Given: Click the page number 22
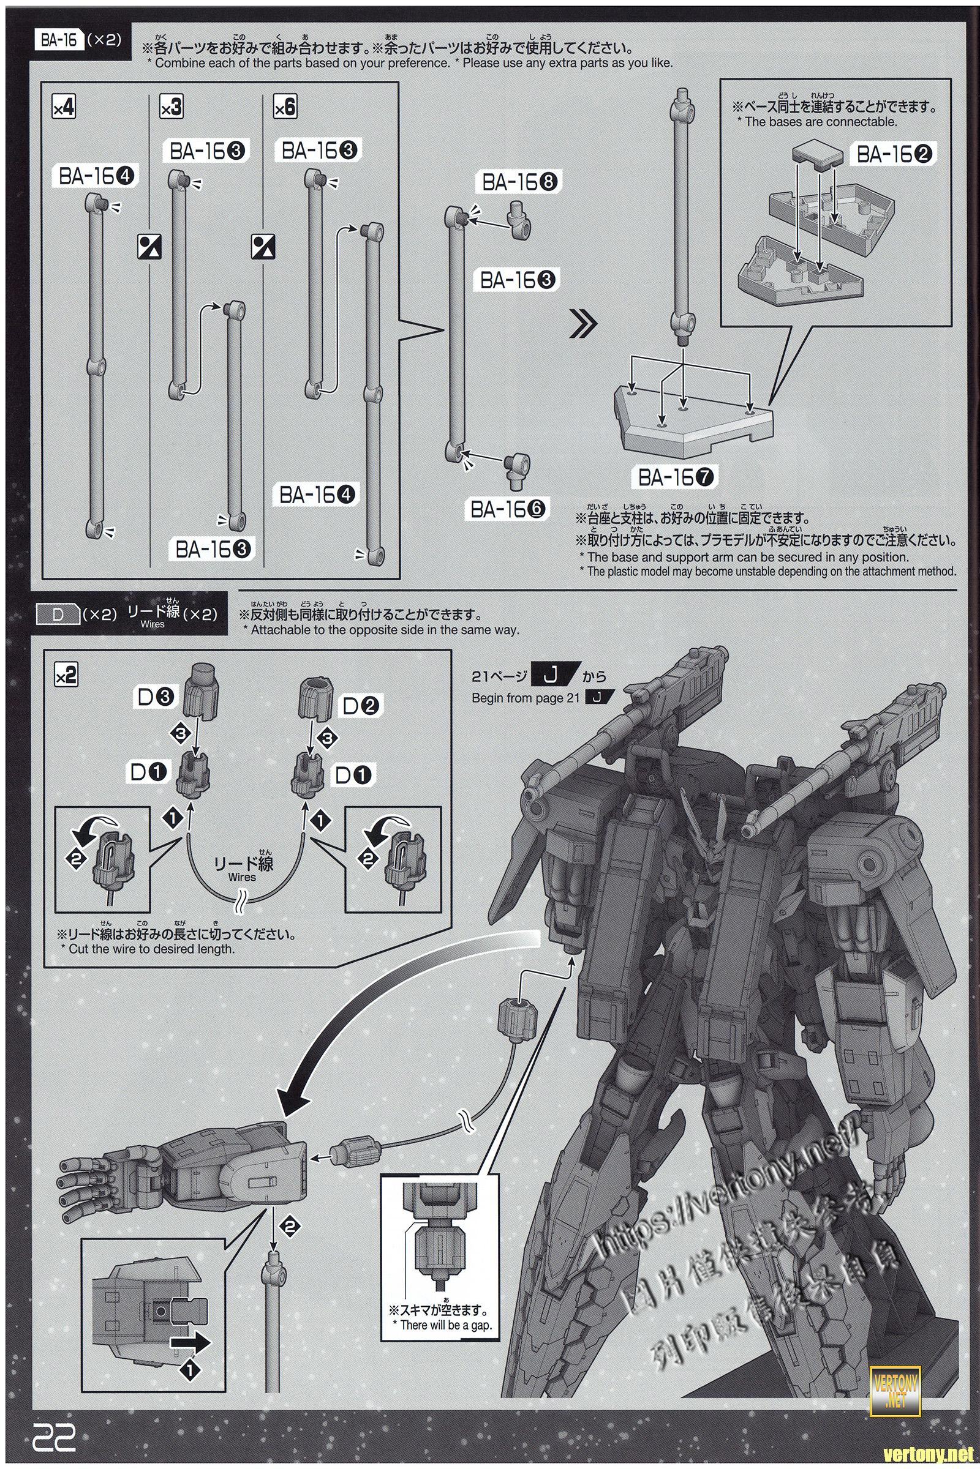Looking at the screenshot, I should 55,1425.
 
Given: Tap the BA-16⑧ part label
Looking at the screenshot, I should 521,182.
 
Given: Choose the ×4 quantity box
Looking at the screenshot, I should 64,108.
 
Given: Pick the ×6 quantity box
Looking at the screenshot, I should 284,108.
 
